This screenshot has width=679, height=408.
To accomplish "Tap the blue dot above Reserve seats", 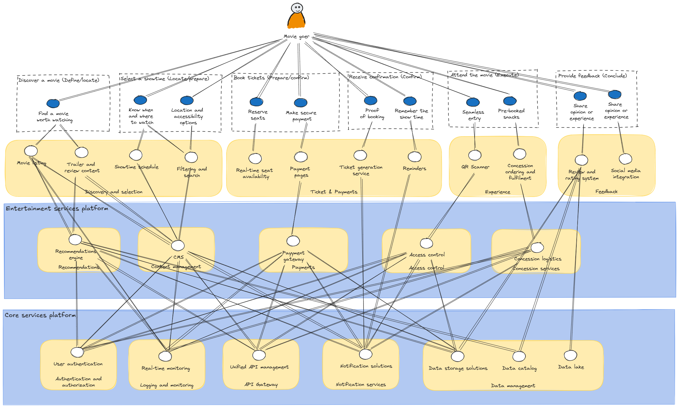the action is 256,102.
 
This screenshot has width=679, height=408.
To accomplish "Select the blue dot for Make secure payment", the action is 300,103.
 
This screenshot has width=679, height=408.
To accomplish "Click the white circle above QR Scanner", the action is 475,155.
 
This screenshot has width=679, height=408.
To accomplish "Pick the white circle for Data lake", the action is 570,355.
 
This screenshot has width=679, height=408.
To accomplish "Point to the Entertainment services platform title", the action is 57,209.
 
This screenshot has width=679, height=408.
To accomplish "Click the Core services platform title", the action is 40,315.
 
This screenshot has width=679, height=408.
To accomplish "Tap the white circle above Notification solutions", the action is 365,354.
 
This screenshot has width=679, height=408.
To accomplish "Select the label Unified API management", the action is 259,367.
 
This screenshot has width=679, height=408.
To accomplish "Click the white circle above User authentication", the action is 77,352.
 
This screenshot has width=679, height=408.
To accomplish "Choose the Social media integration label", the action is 626,174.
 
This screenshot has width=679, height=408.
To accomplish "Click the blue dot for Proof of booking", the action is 371,100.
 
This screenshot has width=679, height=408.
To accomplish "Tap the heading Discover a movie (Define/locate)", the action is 59,80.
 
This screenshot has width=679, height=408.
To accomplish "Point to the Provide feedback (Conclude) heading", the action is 592,76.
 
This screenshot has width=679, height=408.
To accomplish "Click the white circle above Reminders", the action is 414,156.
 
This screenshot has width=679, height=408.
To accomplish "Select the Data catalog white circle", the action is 519,356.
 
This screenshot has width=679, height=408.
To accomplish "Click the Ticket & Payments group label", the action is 334,192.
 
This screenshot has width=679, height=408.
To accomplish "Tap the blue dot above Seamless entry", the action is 473,102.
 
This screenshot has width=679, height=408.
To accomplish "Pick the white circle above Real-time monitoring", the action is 165,356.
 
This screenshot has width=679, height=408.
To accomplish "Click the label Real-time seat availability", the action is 255,173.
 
